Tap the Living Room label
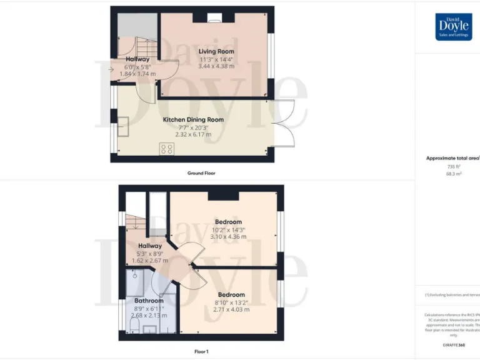216,51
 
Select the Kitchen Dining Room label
193,119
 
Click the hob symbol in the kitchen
167,149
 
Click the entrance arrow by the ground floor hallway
111,70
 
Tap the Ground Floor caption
201,172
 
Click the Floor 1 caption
201,351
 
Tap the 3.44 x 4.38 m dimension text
216,66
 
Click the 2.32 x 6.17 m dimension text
193,134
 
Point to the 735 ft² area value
453,167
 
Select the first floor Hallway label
150,246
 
